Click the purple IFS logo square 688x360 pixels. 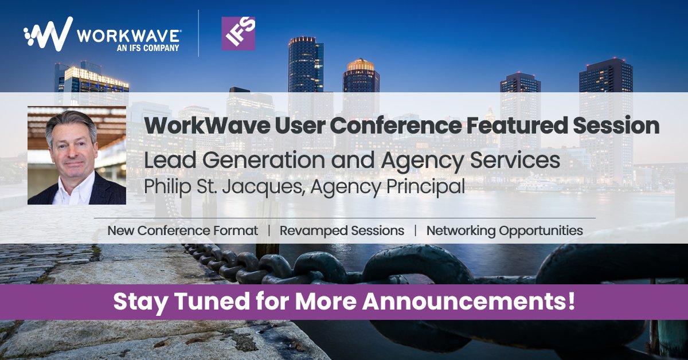[239, 33]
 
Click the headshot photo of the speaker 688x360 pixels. [77, 155]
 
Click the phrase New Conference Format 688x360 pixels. [182, 230]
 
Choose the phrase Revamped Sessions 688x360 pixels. [342, 230]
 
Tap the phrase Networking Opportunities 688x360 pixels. [505, 230]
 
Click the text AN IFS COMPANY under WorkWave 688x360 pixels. [148, 48]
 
